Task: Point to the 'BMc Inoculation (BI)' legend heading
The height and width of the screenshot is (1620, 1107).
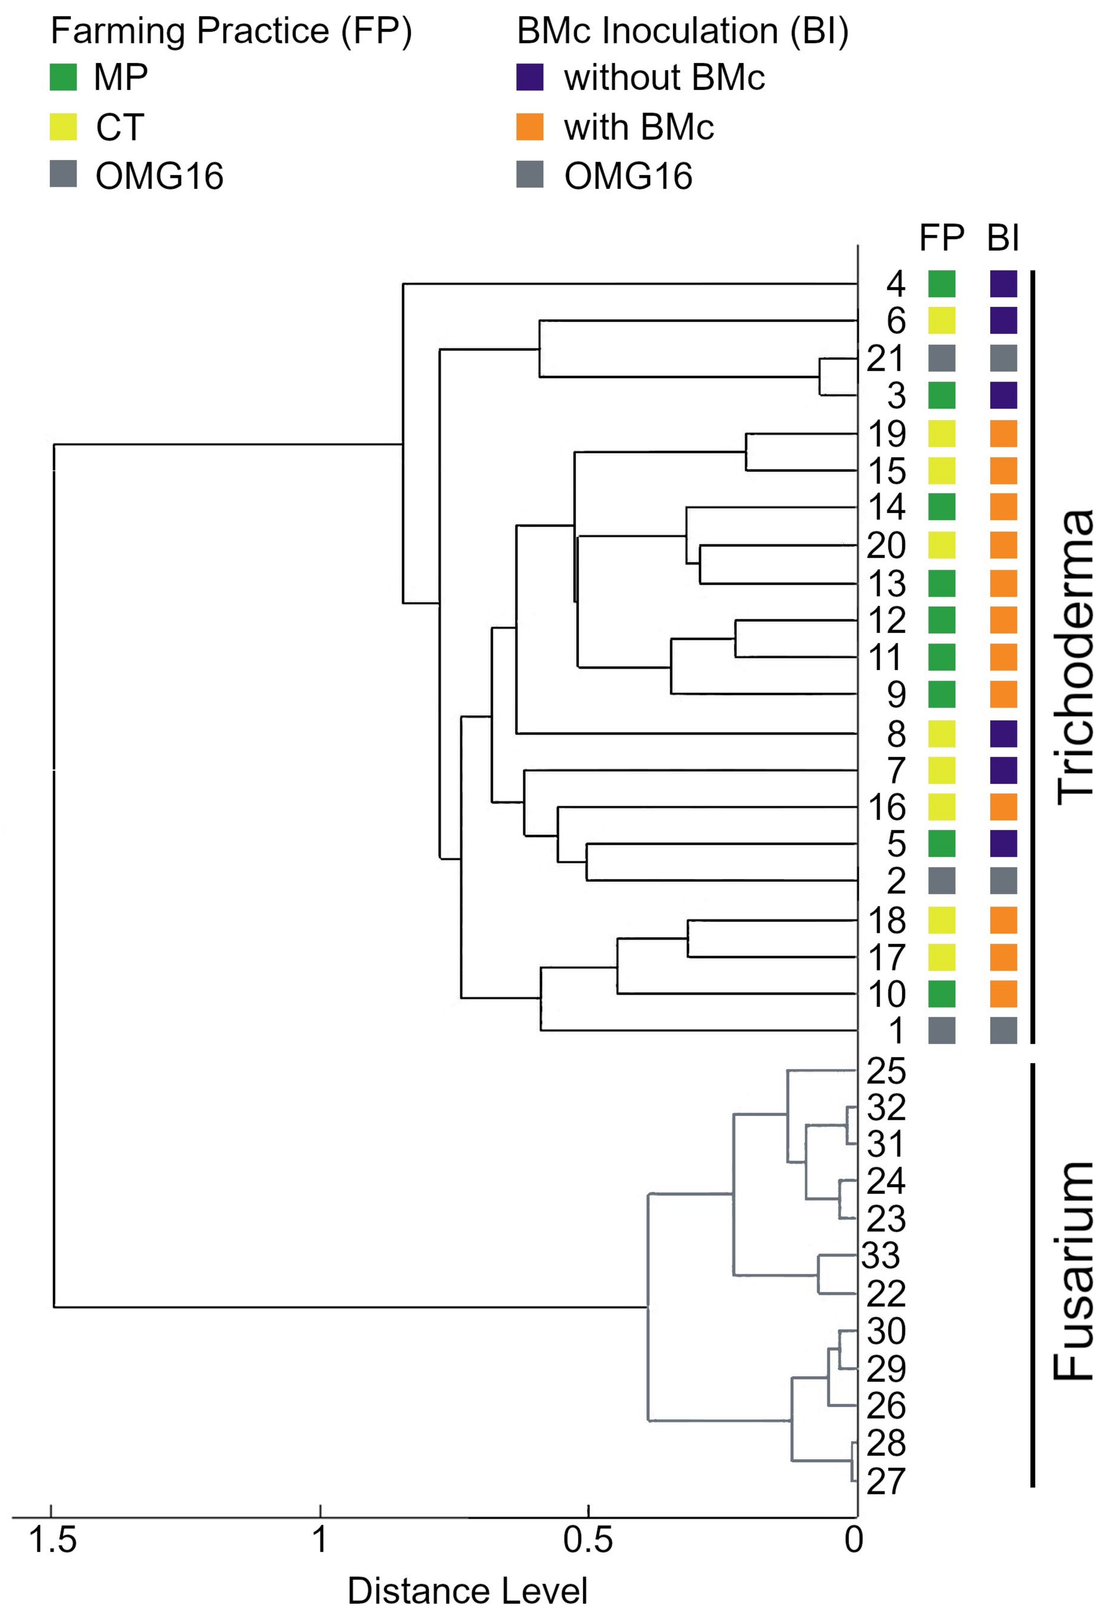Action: (682, 31)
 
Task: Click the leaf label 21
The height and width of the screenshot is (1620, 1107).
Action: (885, 358)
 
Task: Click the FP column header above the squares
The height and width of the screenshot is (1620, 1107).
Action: (941, 238)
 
